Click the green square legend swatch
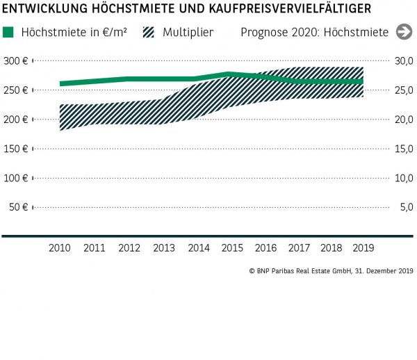(x=8, y=32)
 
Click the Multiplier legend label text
(x=188, y=32)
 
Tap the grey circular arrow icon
(x=403, y=32)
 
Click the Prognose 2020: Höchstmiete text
(x=315, y=32)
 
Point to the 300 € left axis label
(x=15, y=61)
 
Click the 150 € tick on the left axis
(x=15, y=149)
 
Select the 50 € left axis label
(x=17, y=207)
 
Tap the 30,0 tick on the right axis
(x=404, y=61)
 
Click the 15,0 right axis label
(x=404, y=149)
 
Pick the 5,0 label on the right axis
(x=406, y=207)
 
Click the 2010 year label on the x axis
(x=60, y=247)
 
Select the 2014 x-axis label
(x=198, y=247)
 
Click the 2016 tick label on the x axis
(x=266, y=247)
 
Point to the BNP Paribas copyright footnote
(x=331, y=270)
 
